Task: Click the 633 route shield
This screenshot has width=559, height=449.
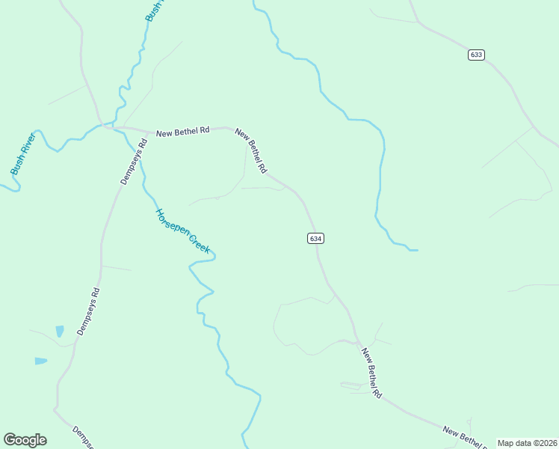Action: click(477, 55)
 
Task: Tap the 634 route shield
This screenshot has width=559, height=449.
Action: click(315, 238)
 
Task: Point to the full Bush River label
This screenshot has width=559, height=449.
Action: click(23, 155)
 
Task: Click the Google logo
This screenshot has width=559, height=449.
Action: click(25, 440)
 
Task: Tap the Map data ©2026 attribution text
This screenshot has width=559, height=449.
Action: click(527, 443)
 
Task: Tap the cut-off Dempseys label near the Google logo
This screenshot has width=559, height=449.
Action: click(82, 438)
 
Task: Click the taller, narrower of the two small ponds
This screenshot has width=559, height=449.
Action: click(60, 331)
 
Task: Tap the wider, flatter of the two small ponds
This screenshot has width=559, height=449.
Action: click(40, 361)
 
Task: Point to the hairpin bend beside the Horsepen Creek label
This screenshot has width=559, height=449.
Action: click(212, 257)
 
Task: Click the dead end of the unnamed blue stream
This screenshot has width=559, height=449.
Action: click(417, 249)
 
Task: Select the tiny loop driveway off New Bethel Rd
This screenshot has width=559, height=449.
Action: click(351, 386)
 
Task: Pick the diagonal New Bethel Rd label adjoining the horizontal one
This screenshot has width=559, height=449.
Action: click(250, 150)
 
